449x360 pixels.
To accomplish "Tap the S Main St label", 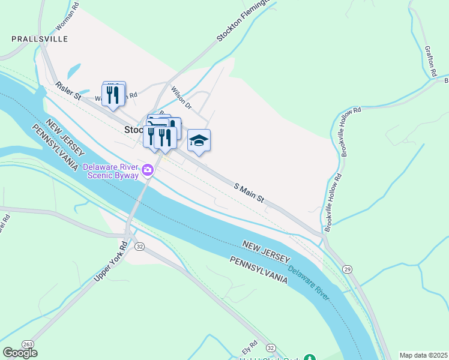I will click(x=249, y=193).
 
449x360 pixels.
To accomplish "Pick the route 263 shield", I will click(x=28, y=344).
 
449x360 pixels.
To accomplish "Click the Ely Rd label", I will click(x=249, y=347).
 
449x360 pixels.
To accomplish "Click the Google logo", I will click(x=20, y=353).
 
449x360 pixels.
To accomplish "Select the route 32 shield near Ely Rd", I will click(x=271, y=348).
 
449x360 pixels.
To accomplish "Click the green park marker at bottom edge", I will click(x=310, y=358).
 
